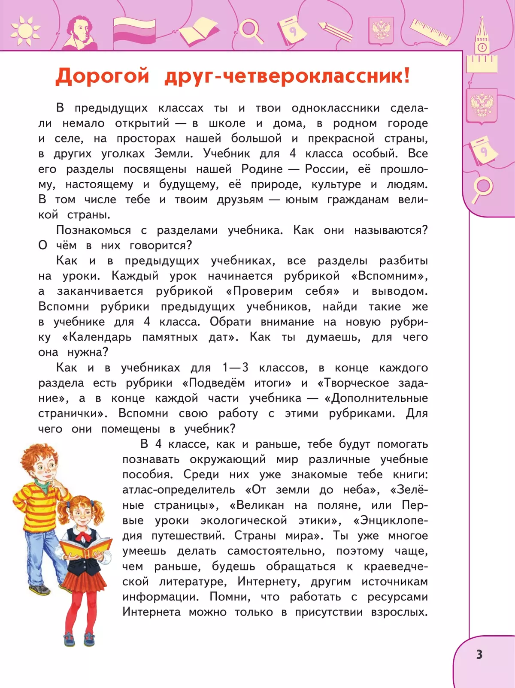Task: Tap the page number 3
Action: click(479, 655)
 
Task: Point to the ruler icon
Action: click(430, 31)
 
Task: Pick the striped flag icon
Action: click(134, 31)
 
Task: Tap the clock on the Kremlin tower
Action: click(482, 47)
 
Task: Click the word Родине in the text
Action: click(262, 169)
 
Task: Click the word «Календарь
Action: click(97, 337)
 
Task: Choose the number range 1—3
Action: click(235, 368)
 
